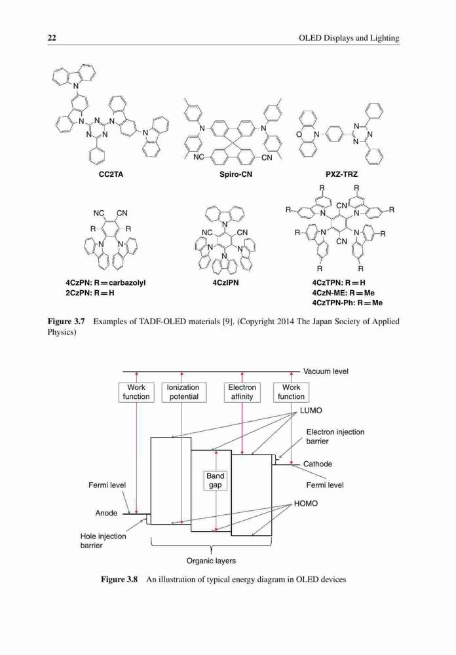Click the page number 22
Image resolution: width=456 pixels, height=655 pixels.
pos(52,38)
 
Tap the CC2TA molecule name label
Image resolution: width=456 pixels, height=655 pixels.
pos(111,174)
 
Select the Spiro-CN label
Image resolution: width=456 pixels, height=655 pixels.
pos(236,174)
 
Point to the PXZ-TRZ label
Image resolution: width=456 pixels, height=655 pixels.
pos(341,174)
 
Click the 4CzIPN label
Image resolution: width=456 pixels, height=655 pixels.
pos(225,283)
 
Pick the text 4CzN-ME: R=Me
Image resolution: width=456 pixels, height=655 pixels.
pos(343,293)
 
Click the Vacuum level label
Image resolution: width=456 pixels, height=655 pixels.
pos(326,371)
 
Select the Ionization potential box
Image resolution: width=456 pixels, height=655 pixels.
pos(183,392)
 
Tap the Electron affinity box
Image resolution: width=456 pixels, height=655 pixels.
pos(242,392)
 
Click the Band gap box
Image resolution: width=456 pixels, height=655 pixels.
pos(216,480)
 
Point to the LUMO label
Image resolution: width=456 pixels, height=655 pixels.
pos(311,411)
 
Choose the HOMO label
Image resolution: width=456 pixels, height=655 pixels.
pos(305,504)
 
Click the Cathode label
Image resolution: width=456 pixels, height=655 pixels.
pos(318,464)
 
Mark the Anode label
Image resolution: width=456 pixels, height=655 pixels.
pos(106,513)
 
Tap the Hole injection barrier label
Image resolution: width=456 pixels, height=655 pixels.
pos(104,541)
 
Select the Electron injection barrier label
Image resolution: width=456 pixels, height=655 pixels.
pos(335,436)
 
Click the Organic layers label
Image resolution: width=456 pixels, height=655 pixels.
pos(211,561)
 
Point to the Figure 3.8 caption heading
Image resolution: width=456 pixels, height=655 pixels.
pos(119,580)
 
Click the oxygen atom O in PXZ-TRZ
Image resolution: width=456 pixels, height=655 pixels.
pos(299,134)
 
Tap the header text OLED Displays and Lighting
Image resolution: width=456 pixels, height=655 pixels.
pos(349,38)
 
